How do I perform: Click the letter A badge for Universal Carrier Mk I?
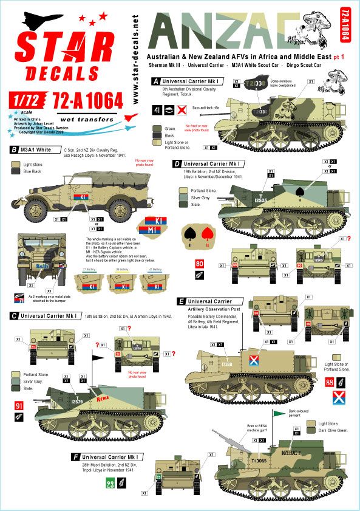156,80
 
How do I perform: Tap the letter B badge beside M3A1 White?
13,149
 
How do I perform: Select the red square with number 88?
329,382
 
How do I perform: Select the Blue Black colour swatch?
15,172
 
